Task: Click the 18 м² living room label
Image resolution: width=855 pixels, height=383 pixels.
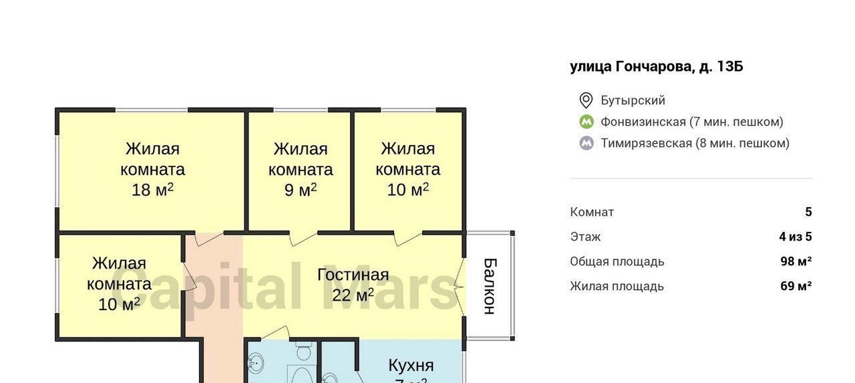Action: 152,169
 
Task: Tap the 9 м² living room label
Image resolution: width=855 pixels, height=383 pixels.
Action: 301,169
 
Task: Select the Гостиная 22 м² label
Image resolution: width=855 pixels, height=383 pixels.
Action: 353,285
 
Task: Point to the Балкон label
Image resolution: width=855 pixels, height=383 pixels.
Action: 490,286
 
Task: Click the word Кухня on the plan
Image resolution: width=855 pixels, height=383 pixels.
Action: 411,366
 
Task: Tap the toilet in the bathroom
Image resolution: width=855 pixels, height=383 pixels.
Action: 304,351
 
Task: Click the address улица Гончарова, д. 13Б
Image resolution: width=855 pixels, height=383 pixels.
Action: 656,66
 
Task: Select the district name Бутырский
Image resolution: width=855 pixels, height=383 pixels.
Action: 633,100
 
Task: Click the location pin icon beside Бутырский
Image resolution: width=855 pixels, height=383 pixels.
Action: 586,100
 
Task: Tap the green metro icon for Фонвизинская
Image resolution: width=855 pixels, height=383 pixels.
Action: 586,122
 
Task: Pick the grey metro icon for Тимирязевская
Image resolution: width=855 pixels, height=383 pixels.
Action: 586,143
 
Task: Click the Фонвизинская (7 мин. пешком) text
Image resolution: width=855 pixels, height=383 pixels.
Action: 691,122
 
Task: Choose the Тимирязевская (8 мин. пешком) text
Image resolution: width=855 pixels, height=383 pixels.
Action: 695,143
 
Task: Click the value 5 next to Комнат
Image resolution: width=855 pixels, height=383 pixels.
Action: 808,212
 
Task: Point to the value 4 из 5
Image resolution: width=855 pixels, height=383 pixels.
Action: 796,237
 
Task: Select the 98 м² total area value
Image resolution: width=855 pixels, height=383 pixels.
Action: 796,261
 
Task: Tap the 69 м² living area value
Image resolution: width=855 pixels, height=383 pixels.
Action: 796,286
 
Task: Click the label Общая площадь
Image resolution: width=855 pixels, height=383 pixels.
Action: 617,261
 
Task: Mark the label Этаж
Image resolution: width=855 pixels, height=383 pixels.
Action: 585,237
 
